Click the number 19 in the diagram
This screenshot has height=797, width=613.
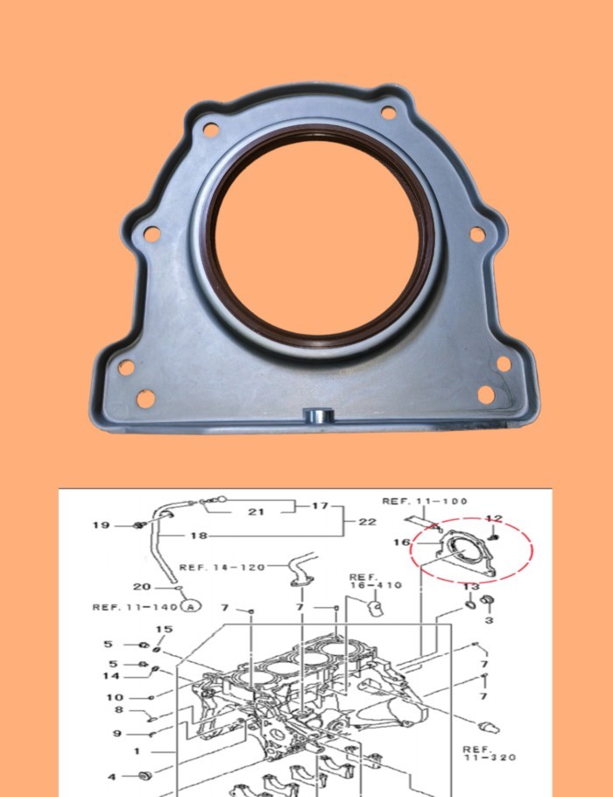[102, 525]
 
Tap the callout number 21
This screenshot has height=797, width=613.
[256, 511]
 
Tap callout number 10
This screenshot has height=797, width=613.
[115, 698]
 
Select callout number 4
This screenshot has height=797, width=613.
[112, 776]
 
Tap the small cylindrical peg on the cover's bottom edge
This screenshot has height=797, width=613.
[314, 413]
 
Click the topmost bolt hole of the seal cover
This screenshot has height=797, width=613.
[387, 111]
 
